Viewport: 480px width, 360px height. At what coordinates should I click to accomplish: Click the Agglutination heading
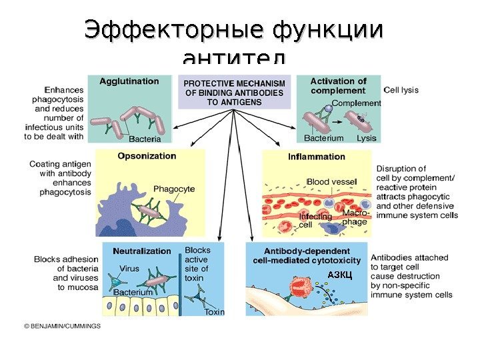pos(129,81)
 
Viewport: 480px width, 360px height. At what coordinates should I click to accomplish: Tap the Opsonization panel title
pos(147,156)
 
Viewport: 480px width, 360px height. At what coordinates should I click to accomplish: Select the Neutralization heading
pos(142,251)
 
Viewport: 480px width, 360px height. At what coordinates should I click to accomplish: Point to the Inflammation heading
pos(317,157)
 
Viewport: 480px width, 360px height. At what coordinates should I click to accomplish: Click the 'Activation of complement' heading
pos(339,85)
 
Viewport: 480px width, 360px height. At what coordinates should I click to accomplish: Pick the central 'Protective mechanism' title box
pos(235,93)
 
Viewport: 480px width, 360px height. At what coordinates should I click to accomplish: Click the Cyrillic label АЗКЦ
pos(340,275)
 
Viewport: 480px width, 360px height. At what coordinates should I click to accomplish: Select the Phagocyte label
pos(174,189)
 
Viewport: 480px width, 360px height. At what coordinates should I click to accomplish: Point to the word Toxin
pos(214,312)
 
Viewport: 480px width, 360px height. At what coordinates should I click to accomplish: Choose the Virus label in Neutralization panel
pos(129,268)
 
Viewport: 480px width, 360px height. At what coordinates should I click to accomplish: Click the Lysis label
pos(367,138)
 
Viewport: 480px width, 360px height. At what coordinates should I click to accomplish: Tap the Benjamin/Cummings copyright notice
pos(62,326)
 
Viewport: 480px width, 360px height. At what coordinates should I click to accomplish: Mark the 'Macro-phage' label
pos(355,217)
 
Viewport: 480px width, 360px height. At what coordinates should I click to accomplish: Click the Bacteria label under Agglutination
pos(145,139)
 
